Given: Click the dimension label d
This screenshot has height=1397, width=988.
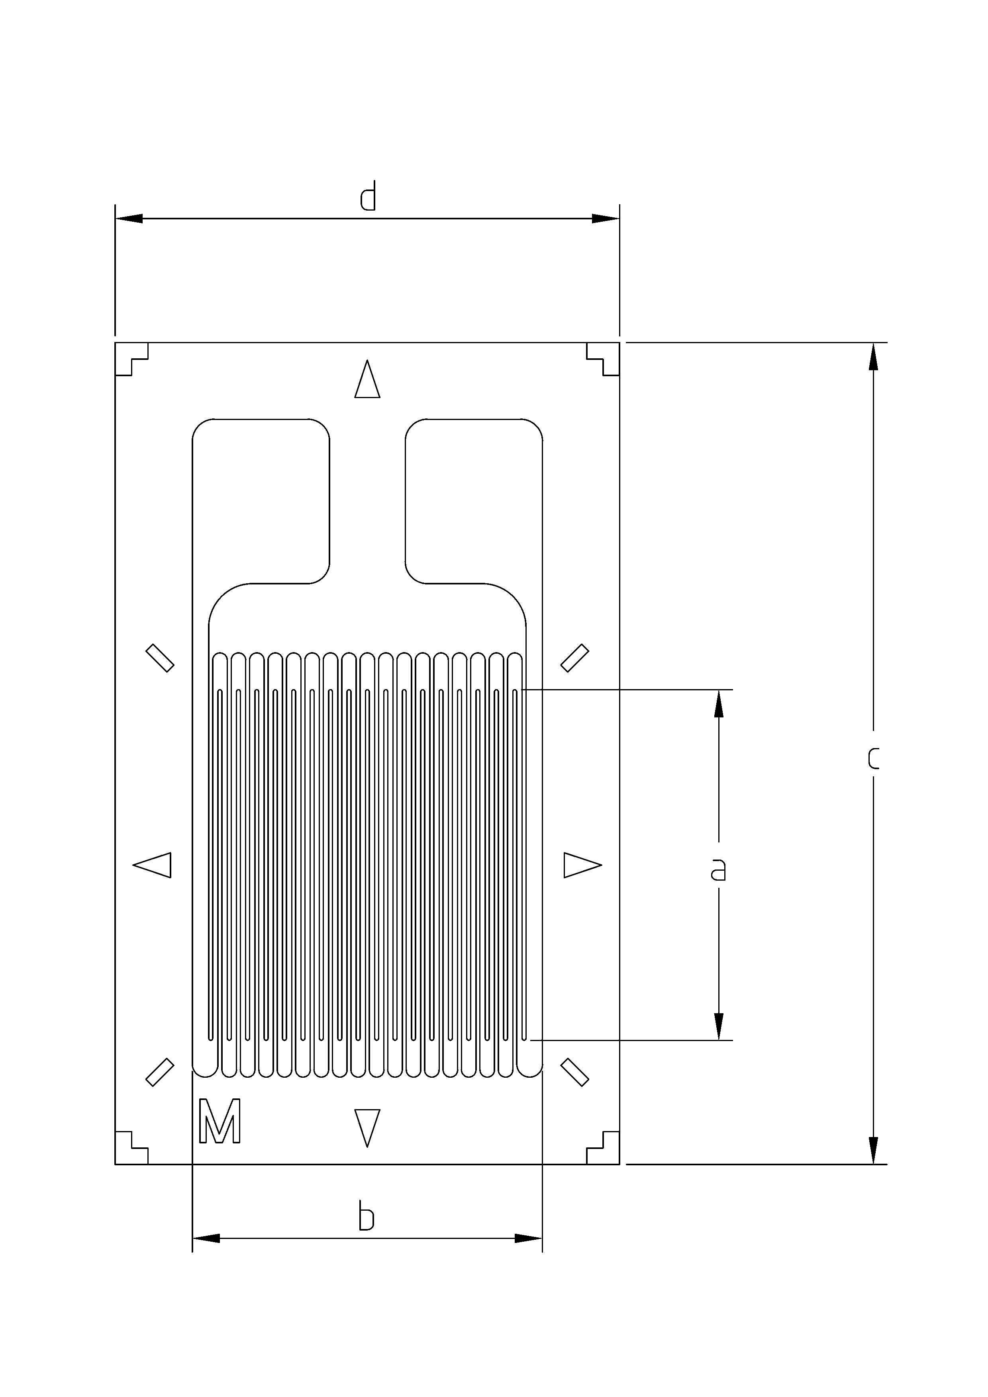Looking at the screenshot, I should click(368, 196).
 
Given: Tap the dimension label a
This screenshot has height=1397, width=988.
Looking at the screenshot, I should click(718, 870).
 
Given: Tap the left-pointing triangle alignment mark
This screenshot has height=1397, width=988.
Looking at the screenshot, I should click(155, 865).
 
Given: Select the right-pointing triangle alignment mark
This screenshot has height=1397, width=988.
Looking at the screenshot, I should click(580, 865).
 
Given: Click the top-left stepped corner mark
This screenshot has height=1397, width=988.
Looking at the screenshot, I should click(129, 358).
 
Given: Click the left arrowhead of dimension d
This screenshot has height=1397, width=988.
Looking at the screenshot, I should click(128, 219).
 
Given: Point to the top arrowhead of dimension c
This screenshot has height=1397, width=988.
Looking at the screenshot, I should click(874, 357).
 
